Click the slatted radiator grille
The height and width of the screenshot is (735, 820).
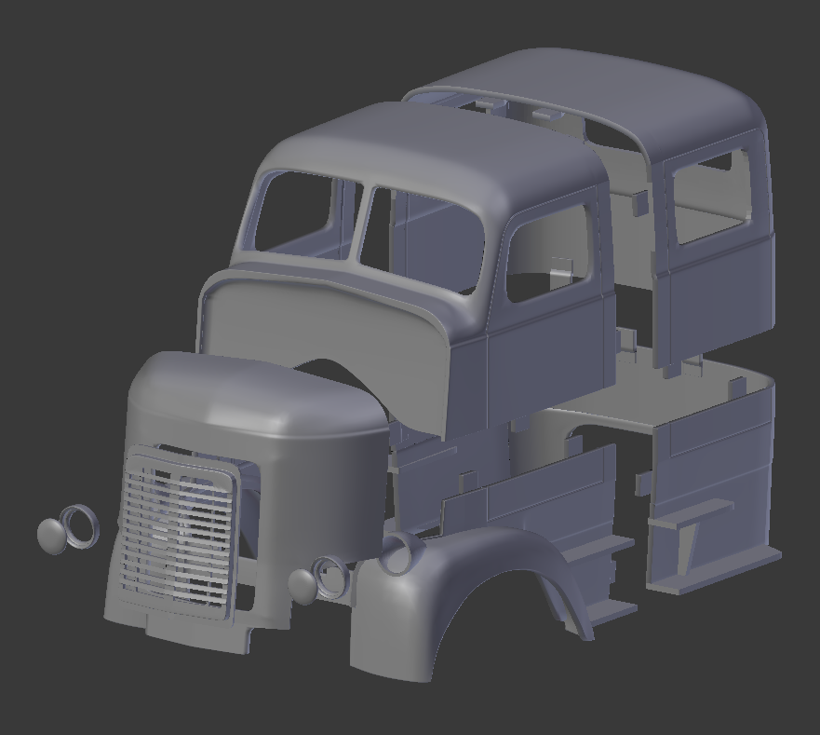pyautogui.click(x=177, y=531)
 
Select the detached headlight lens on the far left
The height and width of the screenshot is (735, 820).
pyautogui.click(x=52, y=536)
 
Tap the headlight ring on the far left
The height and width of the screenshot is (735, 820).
pyautogui.click(x=78, y=525)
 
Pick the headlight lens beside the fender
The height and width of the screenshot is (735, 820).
pyautogui.click(x=302, y=584)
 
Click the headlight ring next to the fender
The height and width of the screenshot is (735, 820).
pyautogui.click(x=330, y=577)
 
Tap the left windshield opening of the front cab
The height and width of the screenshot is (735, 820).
pyautogui.click(x=296, y=212)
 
